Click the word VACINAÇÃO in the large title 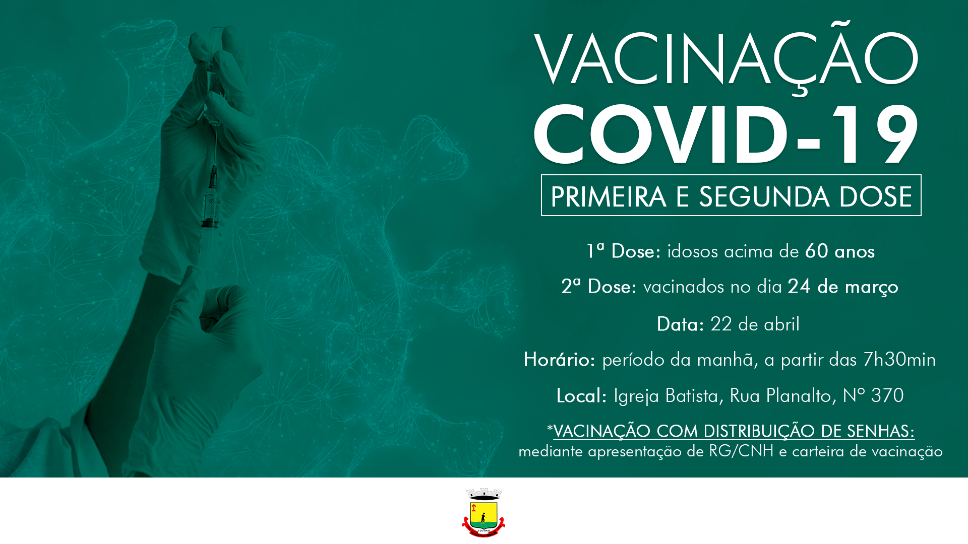[x=726, y=59]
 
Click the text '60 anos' [x=839, y=251]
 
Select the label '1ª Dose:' [x=623, y=251]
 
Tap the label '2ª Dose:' [x=599, y=287]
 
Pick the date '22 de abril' [x=755, y=324]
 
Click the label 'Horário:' [x=559, y=360]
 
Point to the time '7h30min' [x=899, y=360]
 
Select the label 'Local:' [x=581, y=396]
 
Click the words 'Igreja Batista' [x=665, y=396]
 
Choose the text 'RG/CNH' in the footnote [x=741, y=451]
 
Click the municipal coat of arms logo [x=483, y=512]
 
